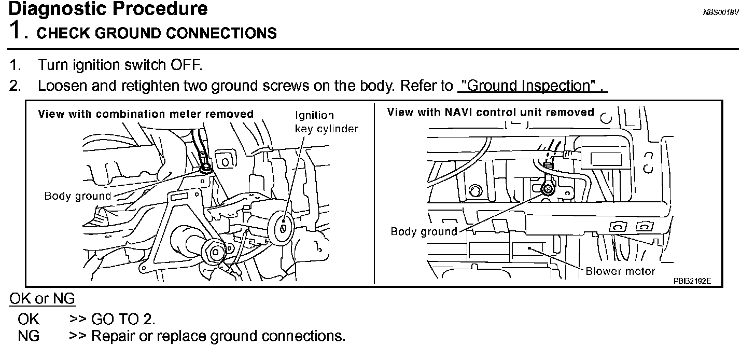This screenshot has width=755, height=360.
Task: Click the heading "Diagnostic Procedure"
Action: click(x=108, y=9)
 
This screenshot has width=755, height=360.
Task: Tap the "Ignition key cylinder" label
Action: click(x=327, y=121)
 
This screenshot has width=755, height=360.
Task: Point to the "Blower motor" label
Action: click(x=620, y=271)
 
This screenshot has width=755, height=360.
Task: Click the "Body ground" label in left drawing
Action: click(x=78, y=196)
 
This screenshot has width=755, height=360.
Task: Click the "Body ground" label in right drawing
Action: click(x=424, y=231)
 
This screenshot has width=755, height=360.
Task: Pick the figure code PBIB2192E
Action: click(x=692, y=281)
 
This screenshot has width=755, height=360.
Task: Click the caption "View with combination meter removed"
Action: click(x=146, y=114)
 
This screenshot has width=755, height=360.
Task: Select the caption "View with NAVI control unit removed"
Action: click(x=491, y=112)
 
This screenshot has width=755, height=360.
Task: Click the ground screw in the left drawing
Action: click(x=206, y=168)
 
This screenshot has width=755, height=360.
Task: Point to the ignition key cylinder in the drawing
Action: click(x=284, y=226)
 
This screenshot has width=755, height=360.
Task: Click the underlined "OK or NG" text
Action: click(x=42, y=299)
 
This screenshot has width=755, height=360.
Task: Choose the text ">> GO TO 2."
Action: click(x=112, y=319)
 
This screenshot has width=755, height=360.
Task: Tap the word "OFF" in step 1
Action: click(x=185, y=65)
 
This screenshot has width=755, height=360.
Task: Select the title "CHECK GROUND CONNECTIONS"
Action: click(x=157, y=33)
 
